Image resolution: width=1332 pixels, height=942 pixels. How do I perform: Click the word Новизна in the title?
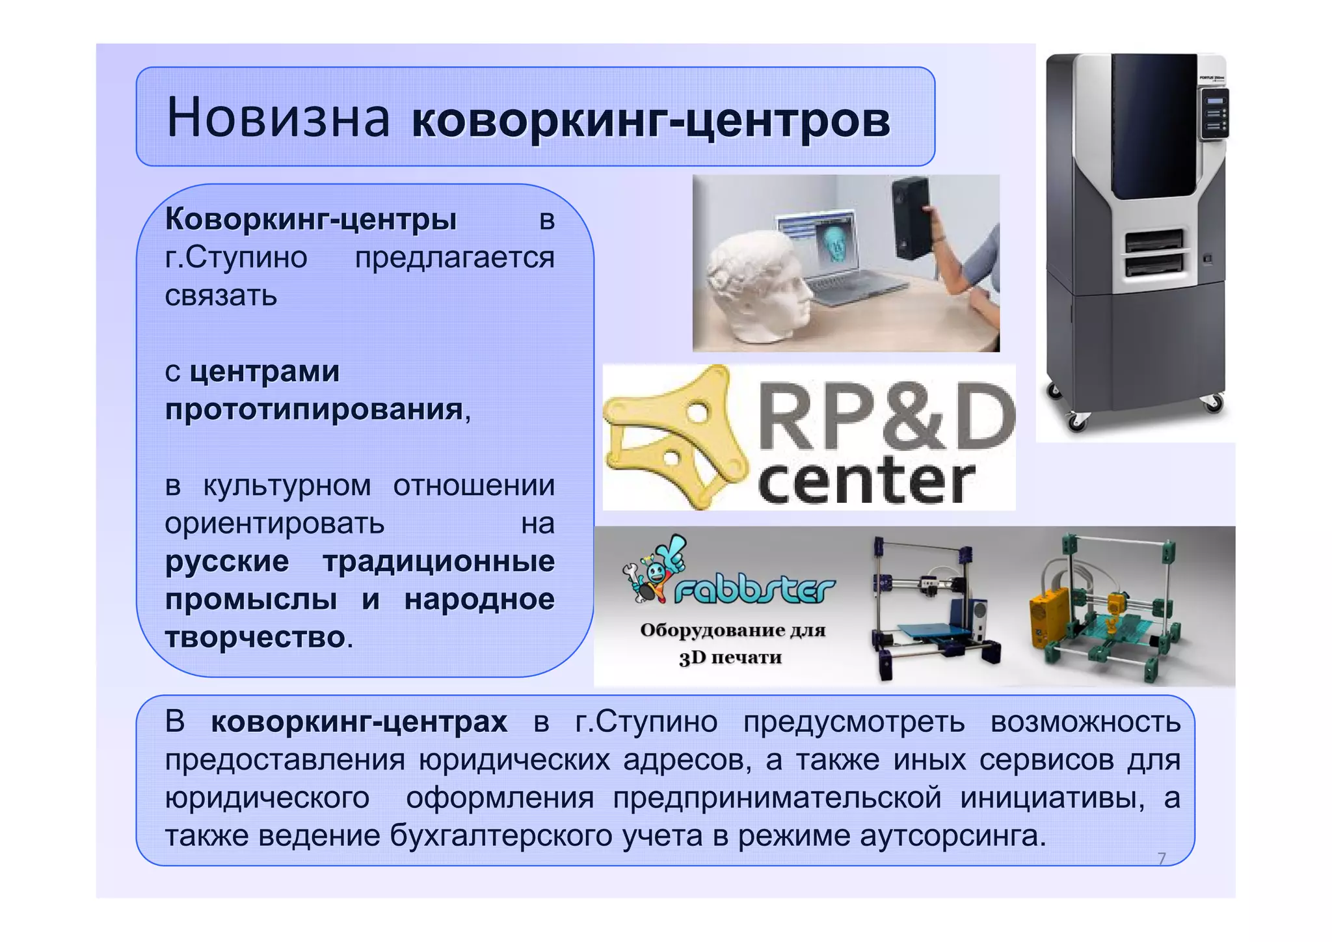[x=278, y=118]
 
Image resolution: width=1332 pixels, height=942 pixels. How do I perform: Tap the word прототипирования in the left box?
[x=314, y=410]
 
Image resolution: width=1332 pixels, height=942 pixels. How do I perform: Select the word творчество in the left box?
[x=255, y=637]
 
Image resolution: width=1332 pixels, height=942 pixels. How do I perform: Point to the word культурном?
[x=287, y=486]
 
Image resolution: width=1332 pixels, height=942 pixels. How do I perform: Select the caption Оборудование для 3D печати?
[x=732, y=643]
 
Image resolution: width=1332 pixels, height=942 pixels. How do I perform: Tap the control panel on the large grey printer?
[x=1214, y=114]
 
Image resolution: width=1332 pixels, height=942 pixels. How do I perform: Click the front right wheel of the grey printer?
[x=1212, y=403]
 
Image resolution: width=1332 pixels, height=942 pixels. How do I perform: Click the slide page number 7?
[x=1162, y=859]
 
